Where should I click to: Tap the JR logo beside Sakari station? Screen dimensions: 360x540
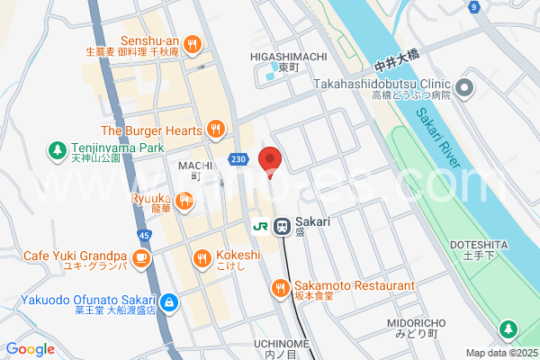260,226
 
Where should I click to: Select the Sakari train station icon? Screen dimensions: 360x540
281,226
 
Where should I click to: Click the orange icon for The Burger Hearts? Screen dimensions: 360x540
214,130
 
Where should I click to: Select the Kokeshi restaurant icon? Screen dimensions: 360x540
202,260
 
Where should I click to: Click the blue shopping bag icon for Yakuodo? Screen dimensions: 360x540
169,301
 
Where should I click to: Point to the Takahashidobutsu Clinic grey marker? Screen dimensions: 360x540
463,88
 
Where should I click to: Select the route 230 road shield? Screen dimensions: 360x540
237,158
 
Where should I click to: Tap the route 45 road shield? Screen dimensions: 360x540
145,236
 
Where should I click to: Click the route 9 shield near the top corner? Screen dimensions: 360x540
472,7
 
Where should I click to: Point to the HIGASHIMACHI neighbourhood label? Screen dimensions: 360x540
288,56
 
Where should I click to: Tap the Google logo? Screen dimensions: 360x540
31,349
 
